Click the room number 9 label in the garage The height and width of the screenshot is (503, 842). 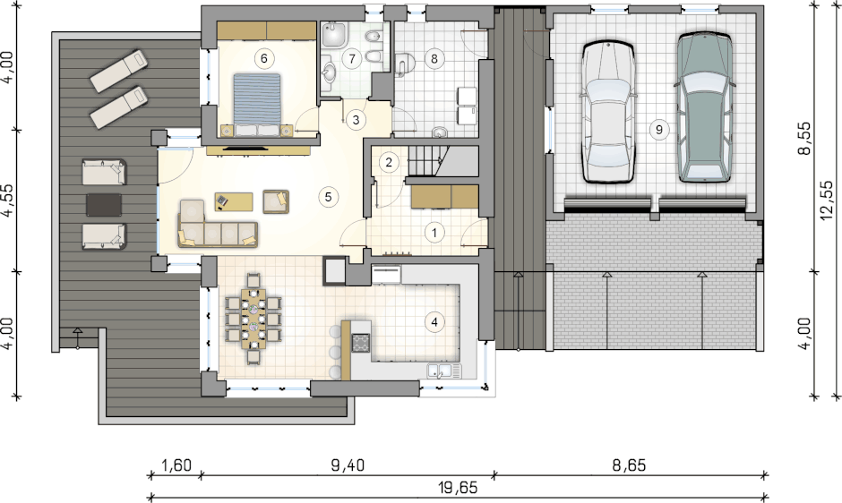[x=659, y=129]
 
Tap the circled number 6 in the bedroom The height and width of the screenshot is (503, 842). [x=263, y=58]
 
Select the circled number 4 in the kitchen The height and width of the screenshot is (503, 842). [x=434, y=322]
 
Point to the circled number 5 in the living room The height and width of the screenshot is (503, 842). [x=329, y=197]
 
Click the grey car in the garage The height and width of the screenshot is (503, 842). [x=704, y=107]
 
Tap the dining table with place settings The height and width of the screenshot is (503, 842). [x=253, y=319]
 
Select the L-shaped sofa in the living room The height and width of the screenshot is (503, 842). [x=217, y=226]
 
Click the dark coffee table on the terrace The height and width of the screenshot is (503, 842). [x=104, y=205]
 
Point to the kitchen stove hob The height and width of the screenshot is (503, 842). [x=361, y=343]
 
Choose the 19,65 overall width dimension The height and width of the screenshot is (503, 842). [x=458, y=488]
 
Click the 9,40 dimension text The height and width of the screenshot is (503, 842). [x=348, y=465]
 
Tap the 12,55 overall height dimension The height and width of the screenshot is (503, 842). [x=827, y=200]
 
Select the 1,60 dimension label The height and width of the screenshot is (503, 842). [x=176, y=465]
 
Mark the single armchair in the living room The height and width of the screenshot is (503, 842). [x=276, y=202]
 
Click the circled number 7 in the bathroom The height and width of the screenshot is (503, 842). [x=352, y=58]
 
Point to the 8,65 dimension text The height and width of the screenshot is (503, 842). [x=629, y=465]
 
